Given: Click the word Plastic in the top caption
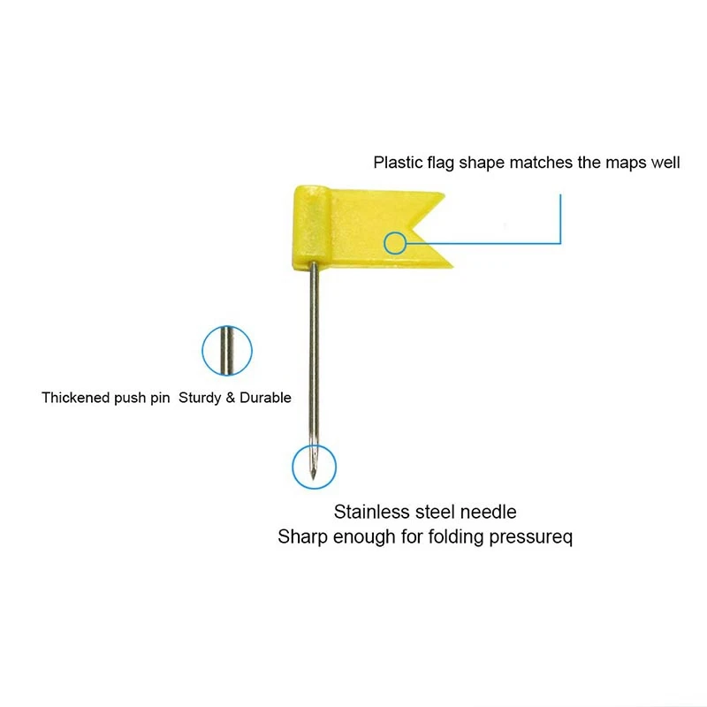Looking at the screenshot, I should (x=397, y=163).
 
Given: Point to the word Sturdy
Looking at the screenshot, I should (x=201, y=398).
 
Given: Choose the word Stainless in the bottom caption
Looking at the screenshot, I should (x=371, y=512).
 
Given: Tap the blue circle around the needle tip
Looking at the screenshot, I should (x=315, y=466).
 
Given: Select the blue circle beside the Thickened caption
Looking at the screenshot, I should (x=227, y=350).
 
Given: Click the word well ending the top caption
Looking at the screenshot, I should (x=665, y=163).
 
